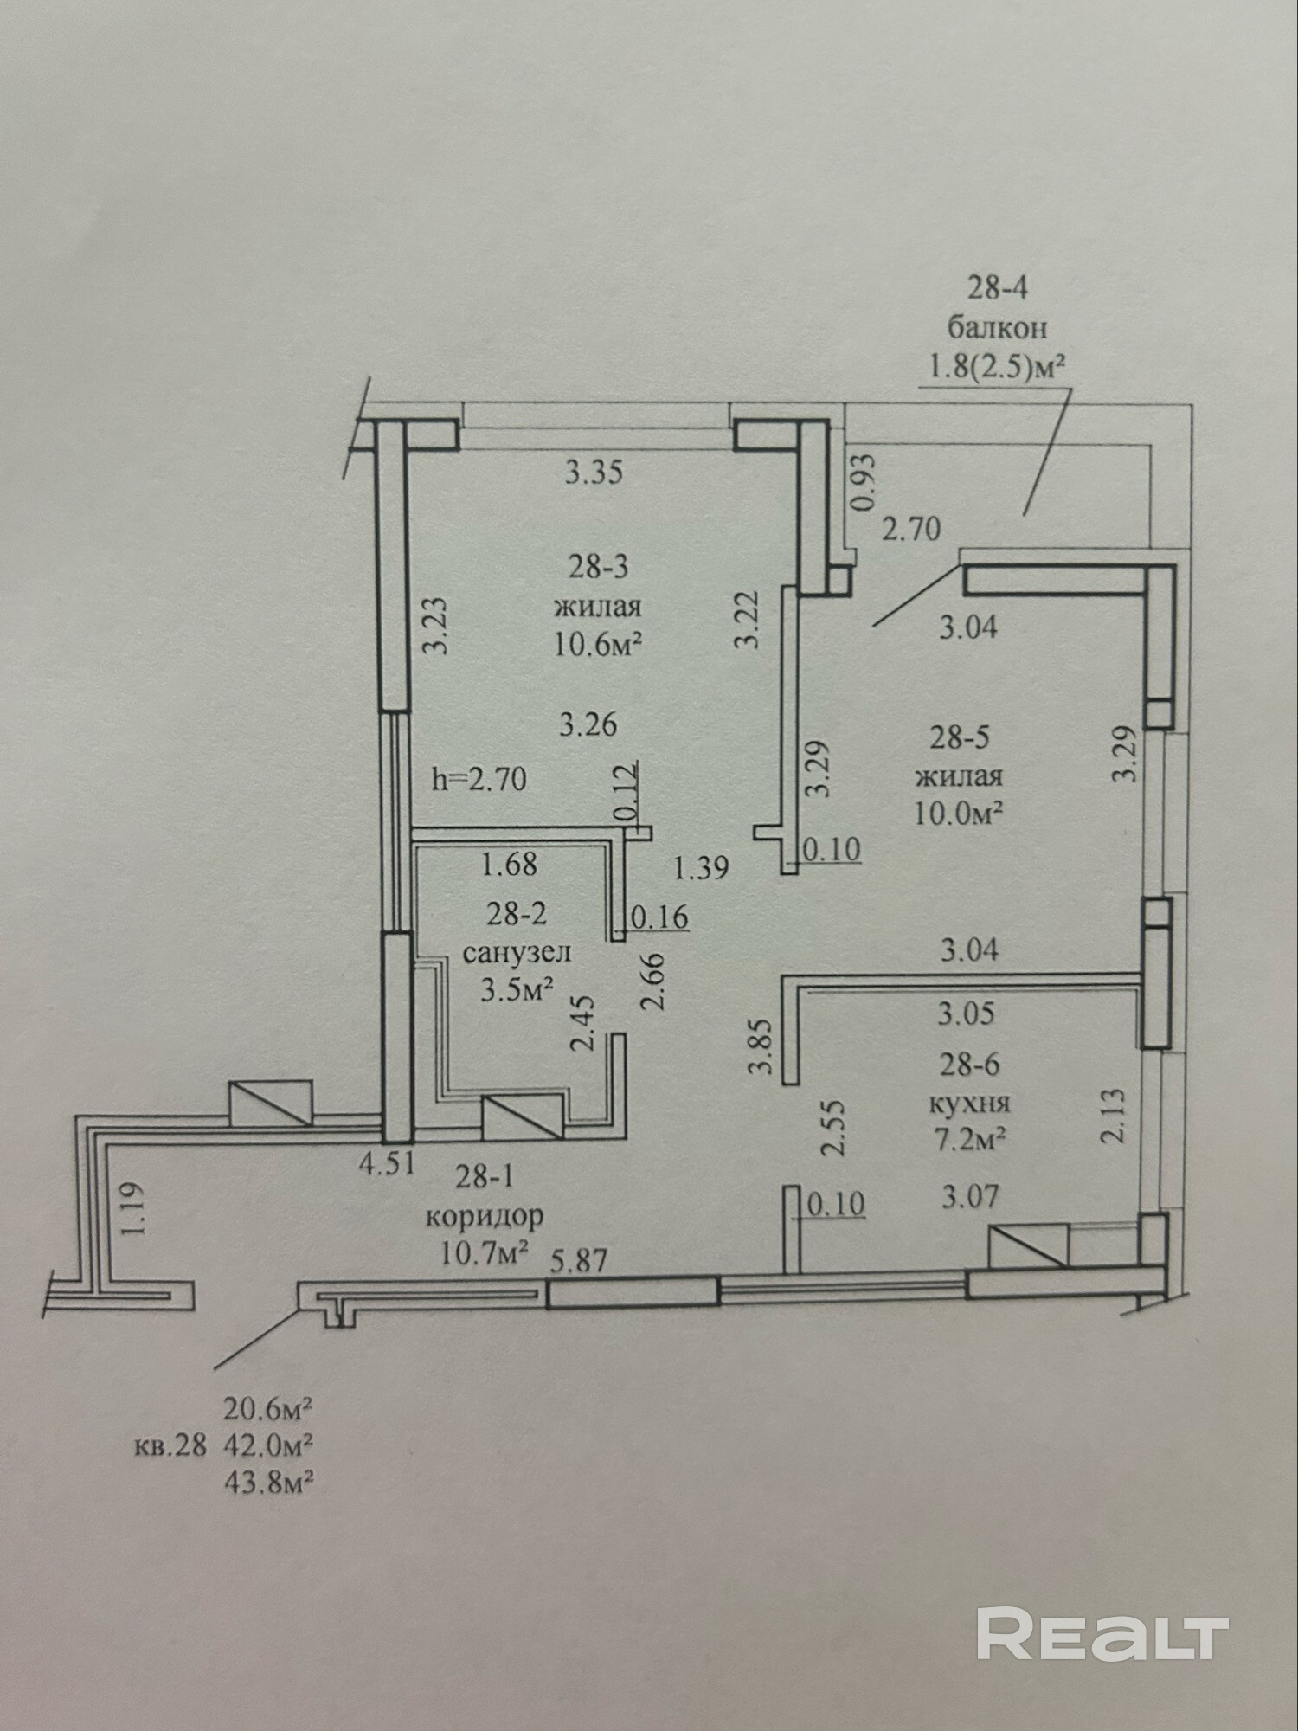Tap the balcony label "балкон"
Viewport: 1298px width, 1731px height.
998,328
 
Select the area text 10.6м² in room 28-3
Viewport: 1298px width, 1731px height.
598,645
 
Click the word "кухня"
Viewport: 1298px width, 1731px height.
969,1104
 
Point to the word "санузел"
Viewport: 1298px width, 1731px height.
517,953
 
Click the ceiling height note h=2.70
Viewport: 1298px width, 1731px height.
479,779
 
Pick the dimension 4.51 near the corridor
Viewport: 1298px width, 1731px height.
388,1163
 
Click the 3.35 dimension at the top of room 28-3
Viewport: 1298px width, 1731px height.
594,473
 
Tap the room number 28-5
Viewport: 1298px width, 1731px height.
960,737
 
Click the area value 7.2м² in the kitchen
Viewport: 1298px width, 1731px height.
967,1141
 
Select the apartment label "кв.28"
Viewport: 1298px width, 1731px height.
170,1445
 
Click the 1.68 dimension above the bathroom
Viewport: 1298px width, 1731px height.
510,864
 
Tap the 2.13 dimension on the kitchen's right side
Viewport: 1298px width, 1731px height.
1114,1116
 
